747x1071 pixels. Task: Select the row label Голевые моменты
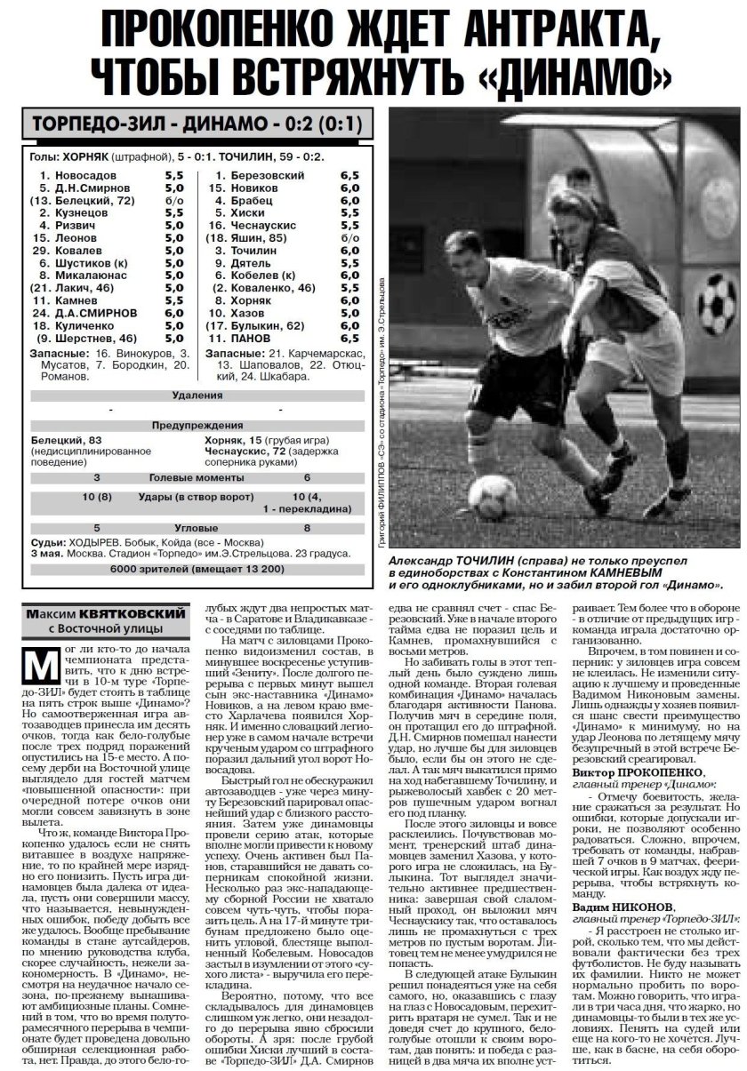[198, 477]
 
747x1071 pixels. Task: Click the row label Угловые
[198, 528]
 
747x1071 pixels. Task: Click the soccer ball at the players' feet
[494, 494]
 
